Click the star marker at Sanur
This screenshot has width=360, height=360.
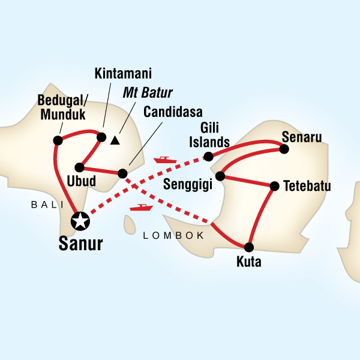point(79,221)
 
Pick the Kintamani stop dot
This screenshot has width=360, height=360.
point(102,136)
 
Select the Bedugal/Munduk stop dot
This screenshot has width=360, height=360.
point(58,140)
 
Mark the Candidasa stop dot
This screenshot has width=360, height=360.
point(122,173)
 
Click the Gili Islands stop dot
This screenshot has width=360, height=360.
point(208,157)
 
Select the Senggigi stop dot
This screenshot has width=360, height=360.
point(220,176)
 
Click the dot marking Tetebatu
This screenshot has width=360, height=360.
point(275,186)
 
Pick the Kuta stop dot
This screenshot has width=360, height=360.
point(249,247)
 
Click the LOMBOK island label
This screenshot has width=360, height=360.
point(173,236)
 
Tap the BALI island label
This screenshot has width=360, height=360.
point(47,205)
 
